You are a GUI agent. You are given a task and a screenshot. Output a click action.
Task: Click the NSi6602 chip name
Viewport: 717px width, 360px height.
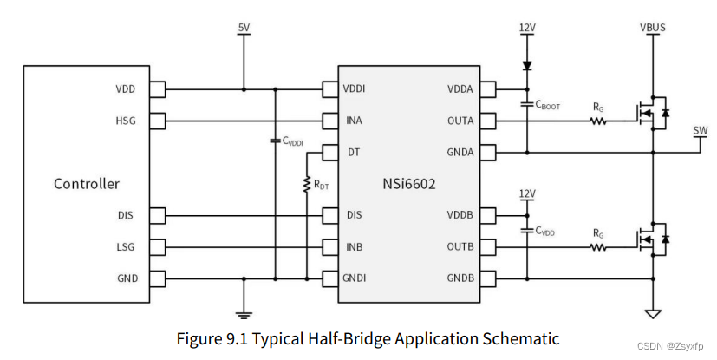coord(408,183)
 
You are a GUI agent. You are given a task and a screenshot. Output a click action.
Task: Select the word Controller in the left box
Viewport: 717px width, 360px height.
coord(87,183)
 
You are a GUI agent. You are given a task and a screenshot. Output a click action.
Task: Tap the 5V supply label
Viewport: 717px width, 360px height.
coord(244,28)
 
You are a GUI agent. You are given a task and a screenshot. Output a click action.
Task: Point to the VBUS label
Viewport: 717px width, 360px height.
coord(652,28)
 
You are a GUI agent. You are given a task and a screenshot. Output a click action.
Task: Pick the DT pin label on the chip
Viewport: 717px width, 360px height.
coord(353,152)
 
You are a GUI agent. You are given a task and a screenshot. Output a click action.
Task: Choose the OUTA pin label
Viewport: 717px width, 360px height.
coord(460,121)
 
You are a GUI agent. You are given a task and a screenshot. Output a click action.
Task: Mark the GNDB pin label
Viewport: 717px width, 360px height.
coord(460,278)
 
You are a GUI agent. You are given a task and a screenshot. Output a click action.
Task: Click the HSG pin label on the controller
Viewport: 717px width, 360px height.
coord(125,121)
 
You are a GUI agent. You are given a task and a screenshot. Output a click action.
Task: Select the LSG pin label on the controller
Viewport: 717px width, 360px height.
coord(125,246)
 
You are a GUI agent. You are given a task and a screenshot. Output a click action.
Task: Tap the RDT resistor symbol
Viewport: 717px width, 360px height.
coord(307,186)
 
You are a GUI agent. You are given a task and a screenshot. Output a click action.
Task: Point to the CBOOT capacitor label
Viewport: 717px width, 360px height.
coord(548,106)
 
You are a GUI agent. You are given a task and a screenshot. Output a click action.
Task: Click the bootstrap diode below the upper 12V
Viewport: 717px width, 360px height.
coord(527,66)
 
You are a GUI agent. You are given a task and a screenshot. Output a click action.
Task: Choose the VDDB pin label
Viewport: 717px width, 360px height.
coord(460,215)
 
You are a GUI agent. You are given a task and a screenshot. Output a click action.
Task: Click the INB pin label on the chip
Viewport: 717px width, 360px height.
coord(354,246)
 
